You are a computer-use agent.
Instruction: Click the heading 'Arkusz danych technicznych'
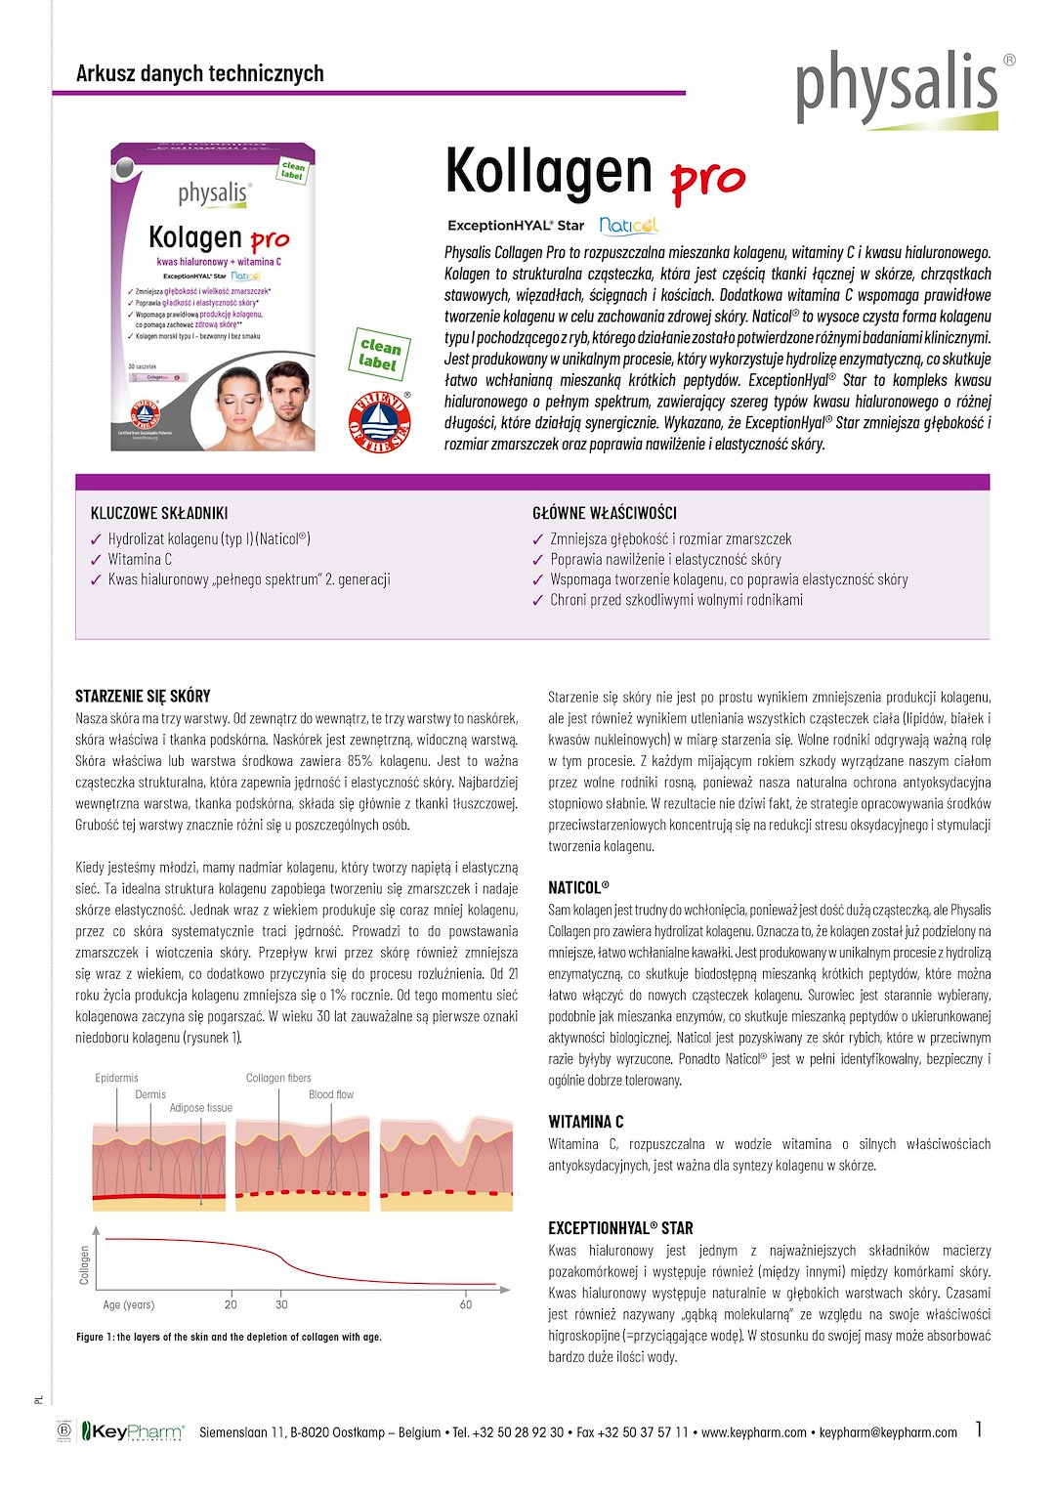(x=199, y=73)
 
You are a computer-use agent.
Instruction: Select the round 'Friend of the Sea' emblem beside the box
(x=380, y=421)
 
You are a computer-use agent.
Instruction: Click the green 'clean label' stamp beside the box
(x=379, y=354)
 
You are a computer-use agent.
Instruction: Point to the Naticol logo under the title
(x=628, y=226)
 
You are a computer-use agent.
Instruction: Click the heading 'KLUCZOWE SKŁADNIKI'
(x=159, y=513)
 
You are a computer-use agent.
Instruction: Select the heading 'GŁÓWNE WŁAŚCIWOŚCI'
(x=604, y=513)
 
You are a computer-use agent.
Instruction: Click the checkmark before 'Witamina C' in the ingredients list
(x=96, y=560)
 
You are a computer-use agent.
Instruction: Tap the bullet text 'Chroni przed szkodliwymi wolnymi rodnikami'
(x=676, y=600)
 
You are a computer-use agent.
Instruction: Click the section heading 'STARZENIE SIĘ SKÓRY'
(x=143, y=697)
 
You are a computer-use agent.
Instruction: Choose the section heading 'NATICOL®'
(x=578, y=888)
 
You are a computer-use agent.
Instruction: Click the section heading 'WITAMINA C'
(x=585, y=1122)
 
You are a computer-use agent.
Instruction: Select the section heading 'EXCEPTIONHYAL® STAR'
(x=620, y=1228)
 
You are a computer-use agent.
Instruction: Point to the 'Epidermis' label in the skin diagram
(x=116, y=1078)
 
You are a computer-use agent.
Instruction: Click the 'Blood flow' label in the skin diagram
(x=331, y=1094)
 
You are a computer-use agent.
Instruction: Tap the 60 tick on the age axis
(x=466, y=1304)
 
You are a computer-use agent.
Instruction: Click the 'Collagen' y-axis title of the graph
(x=85, y=1265)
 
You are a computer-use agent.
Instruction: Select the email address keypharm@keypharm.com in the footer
(x=888, y=1432)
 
